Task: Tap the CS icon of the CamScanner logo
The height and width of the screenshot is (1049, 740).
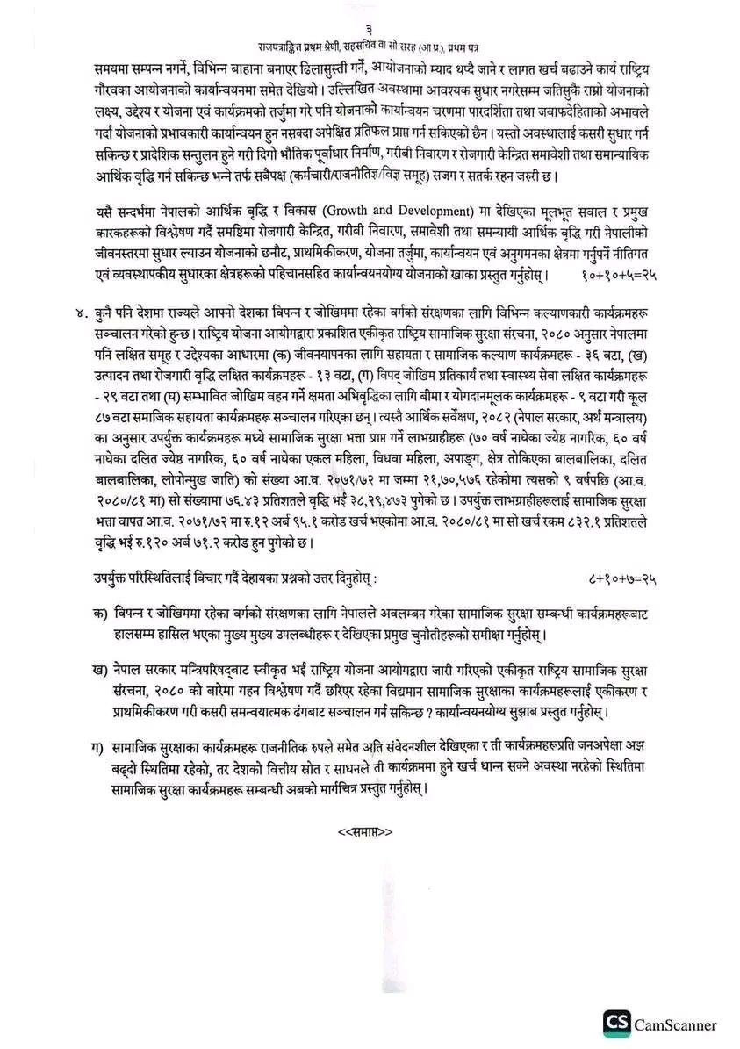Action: click(618, 1024)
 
